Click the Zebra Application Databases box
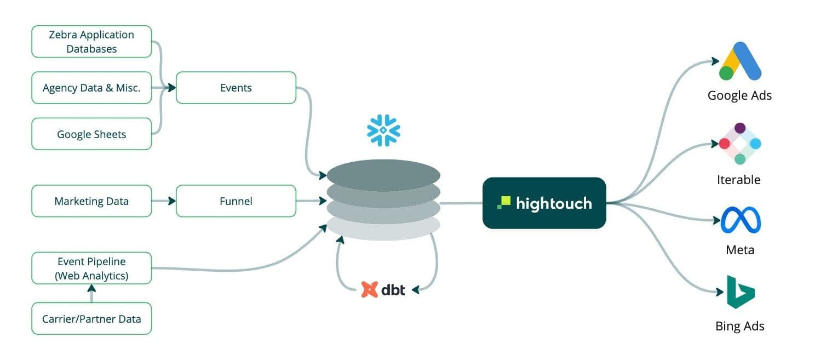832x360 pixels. pyautogui.click(x=91, y=42)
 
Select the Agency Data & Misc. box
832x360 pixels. pyautogui.click(x=91, y=88)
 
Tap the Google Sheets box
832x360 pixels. pyautogui.click(x=91, y=134)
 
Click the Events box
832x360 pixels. pyautogui.click(x=236, y=88)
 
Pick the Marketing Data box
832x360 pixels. pyautogui.click(x=91, y=201)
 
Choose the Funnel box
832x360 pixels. pyautogui.click(x=236, y=201)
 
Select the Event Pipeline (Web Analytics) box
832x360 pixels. pyautogui.click(x=91, y=268)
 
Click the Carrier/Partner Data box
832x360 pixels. pyautogui.click(x=91, y=318)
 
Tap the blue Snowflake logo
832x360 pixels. pyautogui.click(x=383, y=130)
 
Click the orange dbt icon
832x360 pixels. pyautogui.click(x=370, y=289)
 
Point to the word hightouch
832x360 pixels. pyautogui.click(x=554, y=203)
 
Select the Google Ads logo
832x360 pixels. pyautogui.click(x=740, y=61)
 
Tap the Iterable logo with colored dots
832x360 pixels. pyautogui.click(x=740, y=144)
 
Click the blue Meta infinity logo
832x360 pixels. pyautogui.click(x=741, y=220)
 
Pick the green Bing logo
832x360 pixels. pyautogui.click(x=740, y=292)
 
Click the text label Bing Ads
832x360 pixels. pyautogui.click(x=739, y=327)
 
